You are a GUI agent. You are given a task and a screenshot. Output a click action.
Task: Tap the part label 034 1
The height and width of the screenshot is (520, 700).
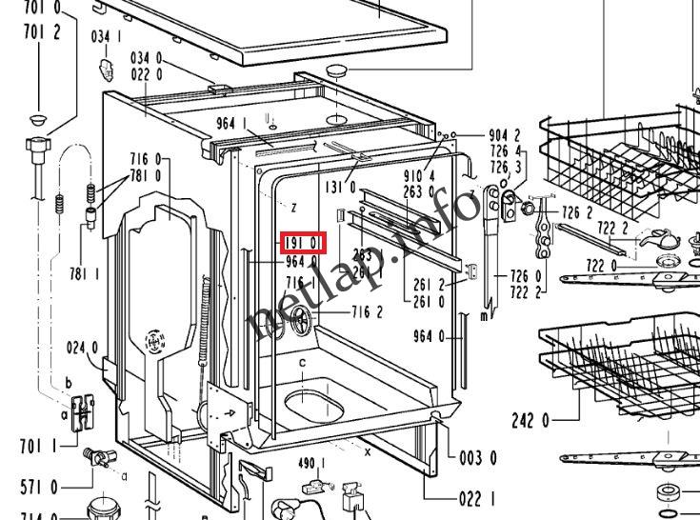pos(106,37)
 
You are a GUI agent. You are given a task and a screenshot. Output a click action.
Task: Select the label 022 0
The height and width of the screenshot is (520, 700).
pos(146,74)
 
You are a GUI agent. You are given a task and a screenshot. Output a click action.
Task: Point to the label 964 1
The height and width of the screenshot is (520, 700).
pos(232,123)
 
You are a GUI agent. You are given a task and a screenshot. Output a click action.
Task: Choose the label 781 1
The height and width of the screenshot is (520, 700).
pos(84,274)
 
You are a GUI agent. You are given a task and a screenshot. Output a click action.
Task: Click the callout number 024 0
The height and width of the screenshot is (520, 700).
pos(82,348)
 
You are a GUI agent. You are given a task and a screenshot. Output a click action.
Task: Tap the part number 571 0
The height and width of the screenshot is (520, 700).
pos(39,488)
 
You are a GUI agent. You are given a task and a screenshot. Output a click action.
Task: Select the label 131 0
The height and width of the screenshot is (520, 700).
pos(340,188)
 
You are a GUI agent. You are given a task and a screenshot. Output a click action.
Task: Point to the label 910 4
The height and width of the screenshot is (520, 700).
pos(418,176)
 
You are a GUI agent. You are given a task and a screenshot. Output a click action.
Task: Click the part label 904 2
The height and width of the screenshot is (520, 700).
pos(505,136)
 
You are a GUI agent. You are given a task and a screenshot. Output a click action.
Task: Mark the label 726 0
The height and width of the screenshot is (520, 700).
pos(526,277)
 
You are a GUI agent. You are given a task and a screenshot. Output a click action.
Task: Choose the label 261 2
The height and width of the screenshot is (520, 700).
pos(429,285)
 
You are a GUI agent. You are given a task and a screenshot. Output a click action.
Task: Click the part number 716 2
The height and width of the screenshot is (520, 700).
pos(367,311)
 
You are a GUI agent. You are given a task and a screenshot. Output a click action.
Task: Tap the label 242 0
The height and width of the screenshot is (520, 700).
pos(530,419)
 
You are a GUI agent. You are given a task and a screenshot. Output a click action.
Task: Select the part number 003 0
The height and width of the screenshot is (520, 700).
pos(478,458)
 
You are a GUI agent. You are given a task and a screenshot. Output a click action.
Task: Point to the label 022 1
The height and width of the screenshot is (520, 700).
pos(478,498)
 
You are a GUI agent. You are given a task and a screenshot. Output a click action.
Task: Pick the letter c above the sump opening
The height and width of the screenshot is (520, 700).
pos(303,363)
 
